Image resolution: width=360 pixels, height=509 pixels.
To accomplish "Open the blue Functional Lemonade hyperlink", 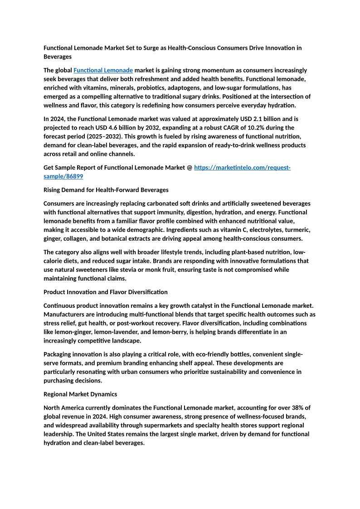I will (x=103, y=70).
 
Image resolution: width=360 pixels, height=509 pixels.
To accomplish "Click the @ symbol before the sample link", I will (x=189, y=168).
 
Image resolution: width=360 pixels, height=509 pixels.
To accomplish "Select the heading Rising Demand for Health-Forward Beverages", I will (x=106, y=190).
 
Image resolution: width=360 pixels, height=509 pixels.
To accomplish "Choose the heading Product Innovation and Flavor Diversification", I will (x=105, y=292).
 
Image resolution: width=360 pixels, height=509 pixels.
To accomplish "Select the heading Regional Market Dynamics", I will (x=80, y=394).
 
